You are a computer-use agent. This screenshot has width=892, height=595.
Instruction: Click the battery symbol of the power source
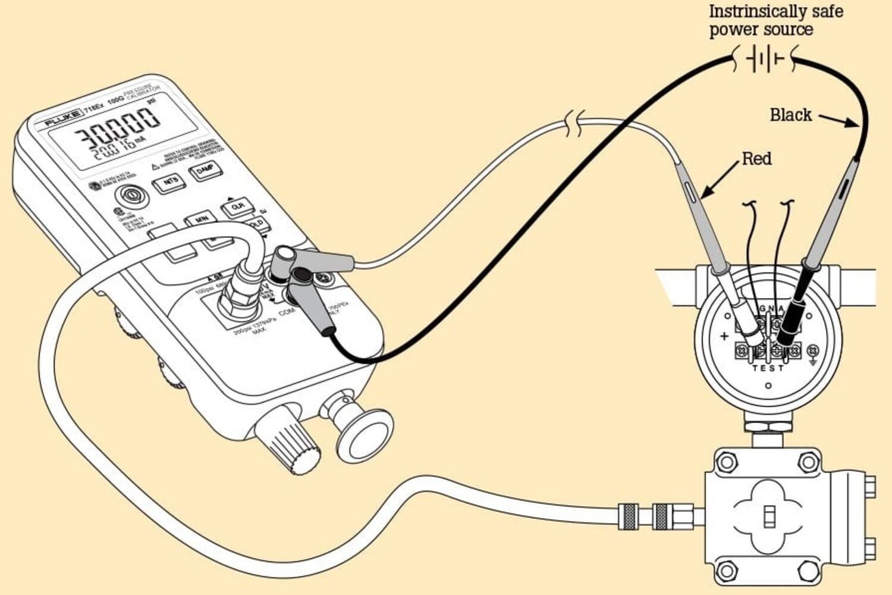tap(765, 59)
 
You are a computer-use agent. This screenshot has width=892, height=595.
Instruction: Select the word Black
tap(790, 115)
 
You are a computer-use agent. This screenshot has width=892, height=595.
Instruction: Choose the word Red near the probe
tap(756, 159)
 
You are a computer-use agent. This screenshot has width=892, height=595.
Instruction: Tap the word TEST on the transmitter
tap(768, 368)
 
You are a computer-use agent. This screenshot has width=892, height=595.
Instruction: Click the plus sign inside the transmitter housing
tap(724, 336)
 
